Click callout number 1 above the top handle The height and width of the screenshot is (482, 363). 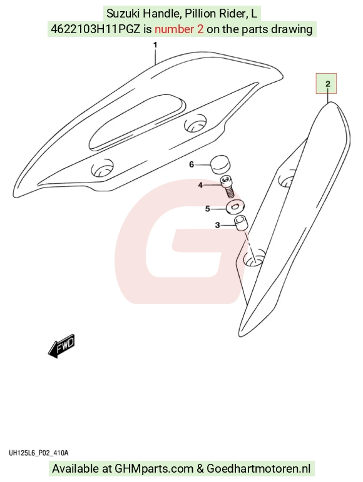[x=155, y=45]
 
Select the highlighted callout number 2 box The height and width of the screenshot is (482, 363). [x=327, y=83]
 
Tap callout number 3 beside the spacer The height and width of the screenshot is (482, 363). [x=218, y=225]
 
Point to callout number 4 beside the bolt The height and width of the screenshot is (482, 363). [x=200, y=185]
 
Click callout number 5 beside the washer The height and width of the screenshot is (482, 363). [x=207, y=209]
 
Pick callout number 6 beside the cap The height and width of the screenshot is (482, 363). [x=192, y=165]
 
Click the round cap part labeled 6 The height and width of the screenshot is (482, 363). [x=220, y=164]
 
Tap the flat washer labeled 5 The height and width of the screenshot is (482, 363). [x=235, y=207]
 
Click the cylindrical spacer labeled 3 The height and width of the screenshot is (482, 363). [x=241, y=223]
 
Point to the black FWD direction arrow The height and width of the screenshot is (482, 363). [x=61, y=346]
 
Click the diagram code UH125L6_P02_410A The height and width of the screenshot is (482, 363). [x=38, y=453]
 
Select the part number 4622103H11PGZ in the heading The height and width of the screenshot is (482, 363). [x=95, y=29]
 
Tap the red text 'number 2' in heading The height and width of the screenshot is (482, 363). [x=179, y=29]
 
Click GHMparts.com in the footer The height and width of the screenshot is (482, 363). [x=154, y=469]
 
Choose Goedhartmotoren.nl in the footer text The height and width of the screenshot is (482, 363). [x=258, y=469]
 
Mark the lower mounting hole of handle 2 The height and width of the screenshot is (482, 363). [x=254, y=258]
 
